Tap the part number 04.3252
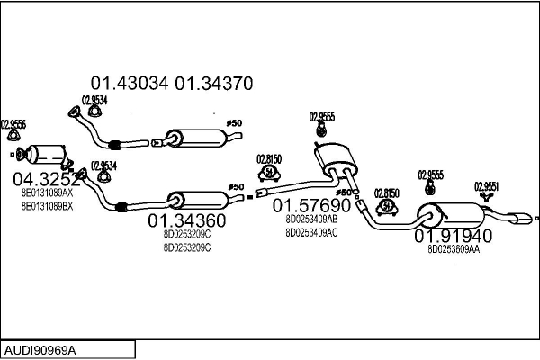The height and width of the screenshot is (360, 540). pos(46,178)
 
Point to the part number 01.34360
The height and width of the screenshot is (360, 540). pos(187,220)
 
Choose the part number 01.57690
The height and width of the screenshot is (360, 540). pos(311,205)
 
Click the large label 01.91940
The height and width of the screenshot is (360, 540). pos(453,237)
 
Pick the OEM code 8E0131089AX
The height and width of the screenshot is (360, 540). pos(47,193)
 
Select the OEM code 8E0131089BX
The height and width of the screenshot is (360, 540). pos(47,206)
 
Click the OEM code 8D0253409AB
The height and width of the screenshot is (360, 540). pos(311,219)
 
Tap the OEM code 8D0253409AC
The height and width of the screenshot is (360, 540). pos(311,232)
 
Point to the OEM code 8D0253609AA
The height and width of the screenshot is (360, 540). pos(454,250)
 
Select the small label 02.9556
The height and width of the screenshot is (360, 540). pos(13,123)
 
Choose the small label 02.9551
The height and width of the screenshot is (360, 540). pos(487,186)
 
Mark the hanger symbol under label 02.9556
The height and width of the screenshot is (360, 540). pos(13,137)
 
